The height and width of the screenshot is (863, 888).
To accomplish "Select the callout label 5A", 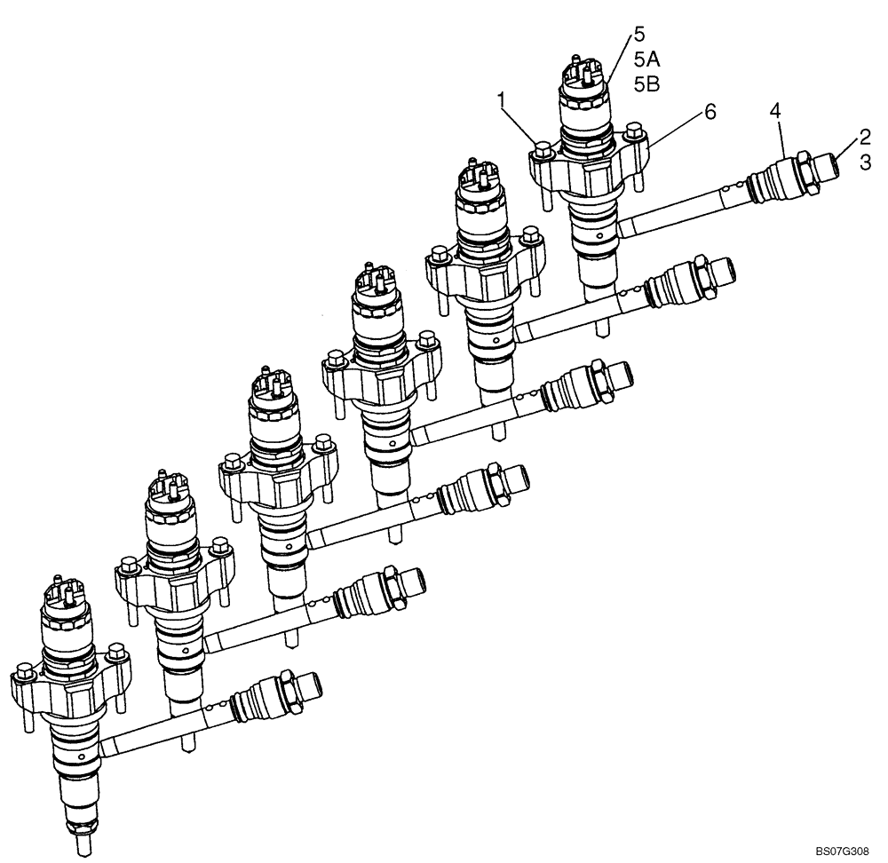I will click(646, 59).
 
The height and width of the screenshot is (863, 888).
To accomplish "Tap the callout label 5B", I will click(646, 84).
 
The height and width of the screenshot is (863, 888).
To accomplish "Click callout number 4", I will click(775, 111).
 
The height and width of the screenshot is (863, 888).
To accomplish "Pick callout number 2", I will click(863, 137).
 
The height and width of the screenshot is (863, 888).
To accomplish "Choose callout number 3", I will click(863, 162).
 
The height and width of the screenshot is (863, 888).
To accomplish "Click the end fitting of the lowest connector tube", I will click(307, 687).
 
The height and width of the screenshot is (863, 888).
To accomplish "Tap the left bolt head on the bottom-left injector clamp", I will click(25, 669).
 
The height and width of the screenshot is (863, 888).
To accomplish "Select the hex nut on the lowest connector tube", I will click(285, 688).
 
